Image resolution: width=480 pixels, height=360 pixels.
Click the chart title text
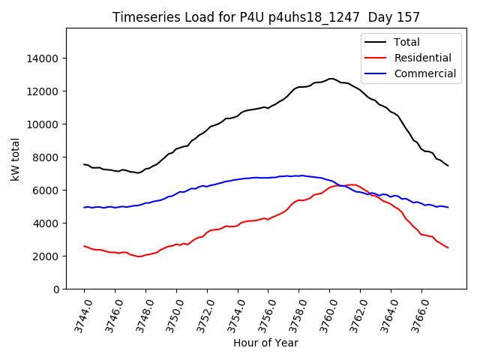(266, 17)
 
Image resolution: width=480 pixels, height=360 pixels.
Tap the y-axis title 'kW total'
(15, 159)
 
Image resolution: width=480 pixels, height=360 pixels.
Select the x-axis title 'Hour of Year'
(265, 343)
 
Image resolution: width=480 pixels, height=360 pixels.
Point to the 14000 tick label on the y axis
(43, 58)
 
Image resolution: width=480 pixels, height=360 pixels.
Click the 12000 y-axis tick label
(43, 91)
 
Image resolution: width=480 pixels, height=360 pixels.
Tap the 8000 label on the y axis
(46, 157)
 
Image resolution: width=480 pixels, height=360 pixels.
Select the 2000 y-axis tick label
(46, 256)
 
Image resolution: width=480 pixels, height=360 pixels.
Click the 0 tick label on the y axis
(55, 289)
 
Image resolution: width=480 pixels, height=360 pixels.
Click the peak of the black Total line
(331, 78)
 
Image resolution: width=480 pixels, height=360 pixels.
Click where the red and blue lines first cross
(340, 185)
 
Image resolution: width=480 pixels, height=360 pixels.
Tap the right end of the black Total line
(448, 166)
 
